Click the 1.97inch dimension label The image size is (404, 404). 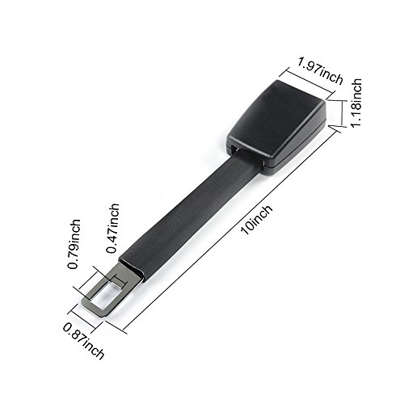pyautogui.click(x=321, y=71)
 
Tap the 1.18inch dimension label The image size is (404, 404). pyautogui.click(x=356, y=103)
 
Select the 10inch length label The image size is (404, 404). pyautogui.click(x=257, y=220)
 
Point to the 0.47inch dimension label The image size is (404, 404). pyautogui.click(x=112, y=229)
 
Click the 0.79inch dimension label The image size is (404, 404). pyautogui.click(x=74, y=244)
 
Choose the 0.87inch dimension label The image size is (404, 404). pyautogui.click(x=83, y=341)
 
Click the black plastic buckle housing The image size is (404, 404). pyautogui.click(x=277, y=127)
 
